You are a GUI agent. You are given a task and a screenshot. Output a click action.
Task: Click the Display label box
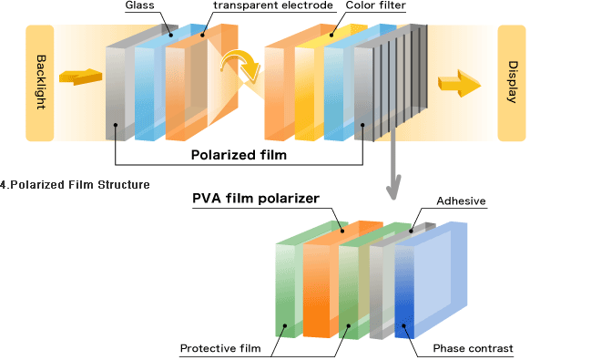pyautogui.click(x=511, y=83)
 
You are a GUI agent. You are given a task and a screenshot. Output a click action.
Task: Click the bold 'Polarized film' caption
pyautogui.click(x=239, y=155)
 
